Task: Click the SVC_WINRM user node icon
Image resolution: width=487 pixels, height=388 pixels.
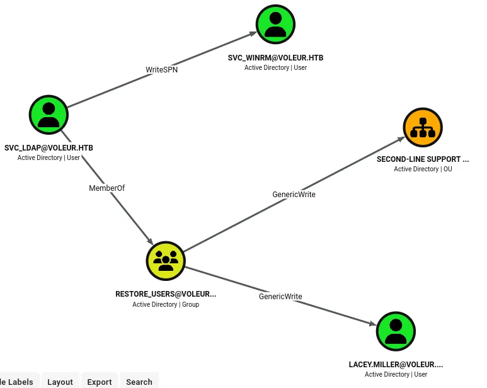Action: click(275, 24)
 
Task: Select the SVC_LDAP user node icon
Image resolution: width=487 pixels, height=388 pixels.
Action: click(49, 115)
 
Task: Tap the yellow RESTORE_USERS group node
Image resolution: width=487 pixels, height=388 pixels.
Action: click(166, 261)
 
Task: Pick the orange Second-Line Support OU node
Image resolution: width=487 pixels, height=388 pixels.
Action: click(423, 127)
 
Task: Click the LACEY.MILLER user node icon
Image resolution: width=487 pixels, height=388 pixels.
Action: click(396, 331)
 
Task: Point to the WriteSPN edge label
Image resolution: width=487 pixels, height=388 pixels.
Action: click(161, 69)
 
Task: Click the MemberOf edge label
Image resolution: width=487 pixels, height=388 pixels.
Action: click(107, 188)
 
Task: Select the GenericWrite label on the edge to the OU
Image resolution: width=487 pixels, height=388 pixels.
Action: click(294, 194)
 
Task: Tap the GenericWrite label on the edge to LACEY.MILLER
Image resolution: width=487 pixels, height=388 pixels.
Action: click(280, 297)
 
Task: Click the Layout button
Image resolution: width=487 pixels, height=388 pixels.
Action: click(60, 382)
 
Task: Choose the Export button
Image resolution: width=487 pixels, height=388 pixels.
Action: click(100, 382)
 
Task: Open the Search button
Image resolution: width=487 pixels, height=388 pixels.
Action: click(139, 382)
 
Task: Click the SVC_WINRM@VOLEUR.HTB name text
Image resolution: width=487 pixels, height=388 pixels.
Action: click(275, 58)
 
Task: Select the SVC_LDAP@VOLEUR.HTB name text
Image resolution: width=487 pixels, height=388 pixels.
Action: click(49, 148)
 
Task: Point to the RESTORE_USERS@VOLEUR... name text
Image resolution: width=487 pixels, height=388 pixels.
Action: click(166, 294)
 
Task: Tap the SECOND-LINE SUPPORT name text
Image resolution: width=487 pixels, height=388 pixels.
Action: click(423, 159)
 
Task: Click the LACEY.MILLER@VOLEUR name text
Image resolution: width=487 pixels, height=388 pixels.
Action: click(396, 365)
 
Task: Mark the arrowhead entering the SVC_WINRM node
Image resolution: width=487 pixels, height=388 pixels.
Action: click(253, 33)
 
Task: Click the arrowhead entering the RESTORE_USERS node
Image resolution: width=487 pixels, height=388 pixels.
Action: click(151, 241)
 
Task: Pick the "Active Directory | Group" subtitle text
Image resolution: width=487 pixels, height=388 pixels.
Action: click(166, 304)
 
